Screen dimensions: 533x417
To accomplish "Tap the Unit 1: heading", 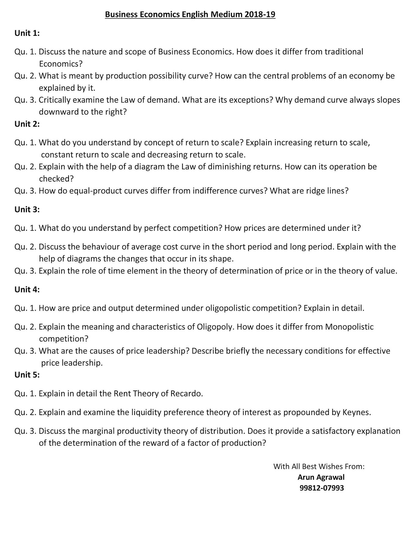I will pyautogui.click(x=27, y=33).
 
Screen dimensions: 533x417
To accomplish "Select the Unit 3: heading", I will pyautogui.click(x=27, y=209).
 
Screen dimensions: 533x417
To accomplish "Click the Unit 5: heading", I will pyautogui.click(x=27, y=375).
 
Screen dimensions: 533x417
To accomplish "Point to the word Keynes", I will pyautogui.click(x=356, y=412).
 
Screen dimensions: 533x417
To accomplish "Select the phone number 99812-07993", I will pyautogui.click(x=321, y=488).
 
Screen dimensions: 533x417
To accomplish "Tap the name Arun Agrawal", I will pyautogui.click(x=321, y=477).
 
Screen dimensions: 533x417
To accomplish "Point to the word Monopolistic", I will pyautogui.click(x=349, y=327).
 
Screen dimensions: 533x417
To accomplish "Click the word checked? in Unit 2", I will pyautogui.click(x=56, y=179).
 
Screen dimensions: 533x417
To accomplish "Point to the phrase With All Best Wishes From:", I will pyautogui.click(x=319, y=466).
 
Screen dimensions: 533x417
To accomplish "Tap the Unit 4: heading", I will pyautogui.click(x=27, y=289).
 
